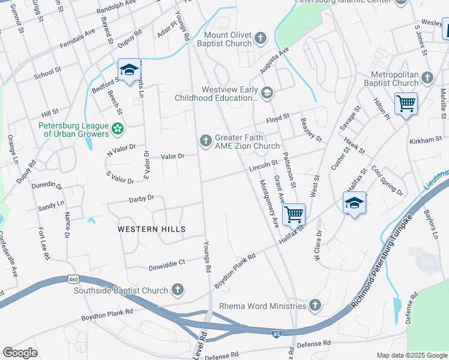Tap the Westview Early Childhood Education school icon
click(x=267, y=92)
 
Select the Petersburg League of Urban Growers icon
click(x=118, y=127)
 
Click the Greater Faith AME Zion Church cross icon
click(x=205, y=140)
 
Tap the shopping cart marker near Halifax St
click(x=294, y=214)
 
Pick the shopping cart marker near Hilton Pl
click(x=406, y=104)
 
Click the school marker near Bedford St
click(x=129, y=70)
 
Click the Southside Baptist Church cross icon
click(x=177, y=290)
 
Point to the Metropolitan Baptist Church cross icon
click(x=427, y=78)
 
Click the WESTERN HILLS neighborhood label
click(x=151, y=229)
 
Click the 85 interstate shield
click(x=276, y=334)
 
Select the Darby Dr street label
click(x=142, y=197)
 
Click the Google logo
click(x=20, y=353)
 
